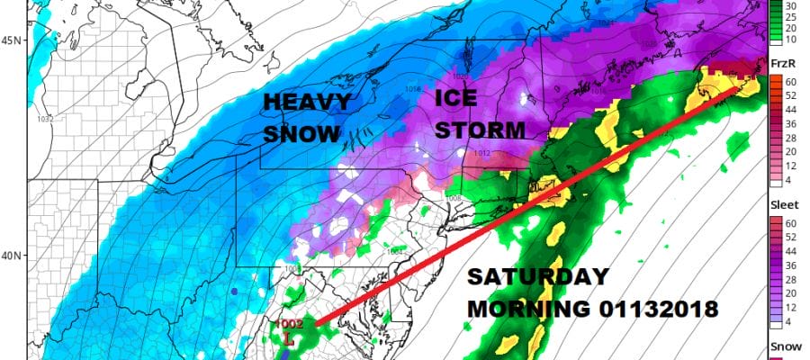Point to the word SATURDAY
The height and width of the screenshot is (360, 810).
point(537,277)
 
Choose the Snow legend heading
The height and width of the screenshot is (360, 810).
point(781,346)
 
